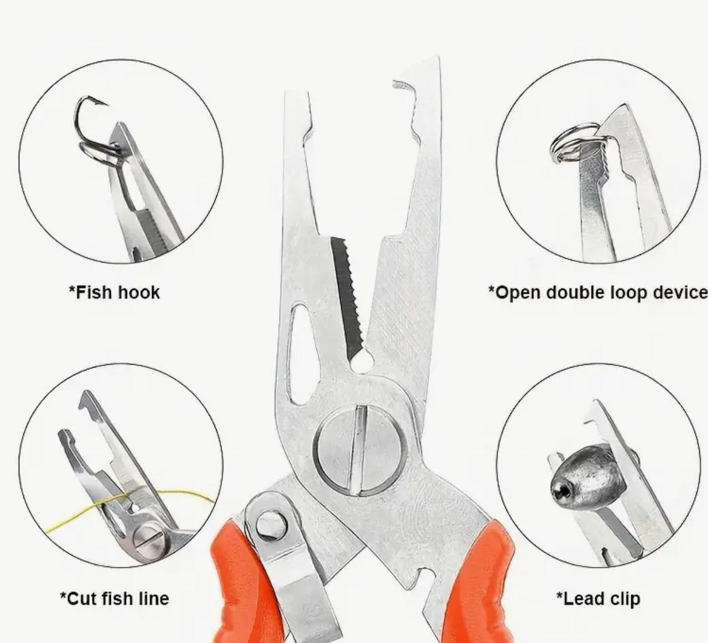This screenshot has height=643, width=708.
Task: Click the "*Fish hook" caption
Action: pyautogui.click(x=114, y=292)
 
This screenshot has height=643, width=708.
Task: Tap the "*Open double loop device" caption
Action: pyautogui.click(x=598, y=293)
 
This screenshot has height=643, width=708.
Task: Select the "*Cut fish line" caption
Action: pyautogui.click(x=114, y=598)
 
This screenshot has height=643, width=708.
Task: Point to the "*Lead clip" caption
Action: pyautogui.click(x=598, y=598)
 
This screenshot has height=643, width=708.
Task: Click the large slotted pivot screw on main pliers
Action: pyautogui.click(x=360, y=448)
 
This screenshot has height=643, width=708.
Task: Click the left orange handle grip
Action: pyautogui.click(x=244, y=583)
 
